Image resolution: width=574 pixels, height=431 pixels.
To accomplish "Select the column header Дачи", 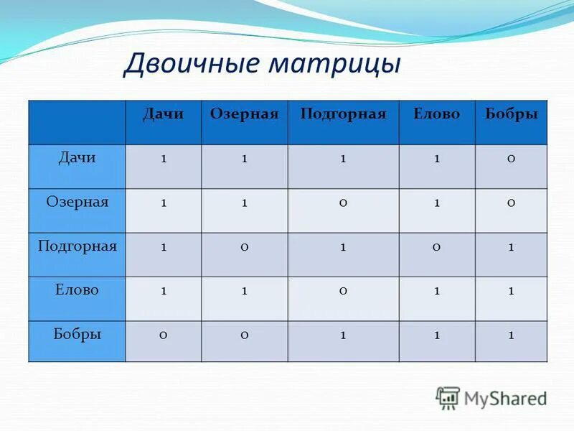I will pyautogui.click(x=164, y=114).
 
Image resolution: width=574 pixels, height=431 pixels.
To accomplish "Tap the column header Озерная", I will pyautogui.click(x=244, y=114).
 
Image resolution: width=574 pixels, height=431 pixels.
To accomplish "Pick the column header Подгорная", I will pyautogui.click(x=343, y=114).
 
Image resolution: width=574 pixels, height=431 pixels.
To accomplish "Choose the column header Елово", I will pyautogui.click(x=436, y=114).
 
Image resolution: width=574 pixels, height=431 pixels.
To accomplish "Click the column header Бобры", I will pyautogui.click(x=511, y=114).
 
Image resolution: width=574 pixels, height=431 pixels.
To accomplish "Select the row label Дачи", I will pyautogui.click(x=77, y=157).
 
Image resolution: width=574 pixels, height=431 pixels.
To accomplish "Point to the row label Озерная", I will pyautogui.click(x=77, y=202).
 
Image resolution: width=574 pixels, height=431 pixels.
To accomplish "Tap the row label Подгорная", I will pyautogui.click(x=77, y=246).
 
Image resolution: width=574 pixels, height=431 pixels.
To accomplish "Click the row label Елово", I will pyautogui.click(x=77, y=290).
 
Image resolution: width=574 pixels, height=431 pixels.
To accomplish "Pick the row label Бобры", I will pyautogui.click(x=77, y=334).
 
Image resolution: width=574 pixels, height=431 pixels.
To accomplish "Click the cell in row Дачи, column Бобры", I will pyautogui.click(x=511, y=159).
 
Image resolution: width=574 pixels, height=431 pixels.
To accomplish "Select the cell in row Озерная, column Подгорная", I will pyautogui.click(x=344, y=203).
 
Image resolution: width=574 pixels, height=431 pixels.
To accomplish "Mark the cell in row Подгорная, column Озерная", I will pyautogui.click(x=245, y=247).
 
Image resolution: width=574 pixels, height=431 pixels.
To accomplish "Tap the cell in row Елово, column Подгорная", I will pyautogui.click(x=344, y=291).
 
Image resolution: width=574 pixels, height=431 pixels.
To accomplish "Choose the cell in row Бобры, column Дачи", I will pyautogui.click(x=164, y=335).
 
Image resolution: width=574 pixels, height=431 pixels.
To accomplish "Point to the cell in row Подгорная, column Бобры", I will pyautogui.click(x=511, y=247).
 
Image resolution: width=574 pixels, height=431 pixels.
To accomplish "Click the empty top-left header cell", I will pyautogui.click(x=77, y=122).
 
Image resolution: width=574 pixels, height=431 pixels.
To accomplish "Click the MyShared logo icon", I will pyautogui.click(x=448, y=397).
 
